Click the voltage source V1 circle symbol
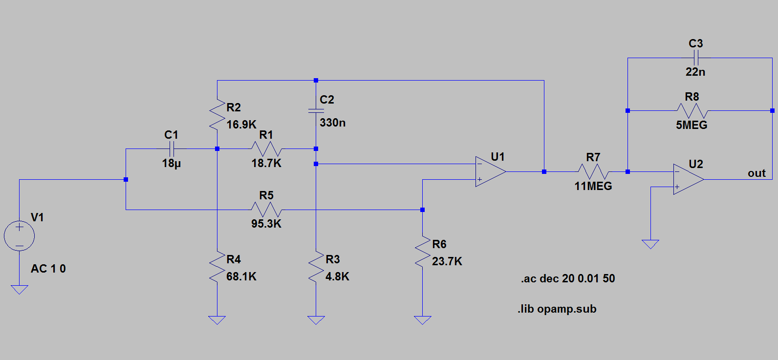click(19, 235)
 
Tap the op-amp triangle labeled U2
click(688, 179)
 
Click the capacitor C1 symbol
click(171, 148)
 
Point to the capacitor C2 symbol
click(316, 111)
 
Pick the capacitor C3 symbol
click(696, 58)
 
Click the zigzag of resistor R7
click(593, 171)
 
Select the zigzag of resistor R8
click(692, 110)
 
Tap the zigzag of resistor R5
click(266, 210)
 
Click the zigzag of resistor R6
click(422, 252)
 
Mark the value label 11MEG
click(593, 186)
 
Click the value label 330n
click(332, 123)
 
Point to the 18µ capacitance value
click(171, 163)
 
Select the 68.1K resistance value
click(241, 276)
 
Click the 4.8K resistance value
click(337, 276)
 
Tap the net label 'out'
click(756, 173)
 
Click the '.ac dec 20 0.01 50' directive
click(568, 278)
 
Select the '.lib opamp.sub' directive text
click(557, 309)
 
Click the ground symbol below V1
click(19, 289)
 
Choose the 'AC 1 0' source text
click(48, 269)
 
